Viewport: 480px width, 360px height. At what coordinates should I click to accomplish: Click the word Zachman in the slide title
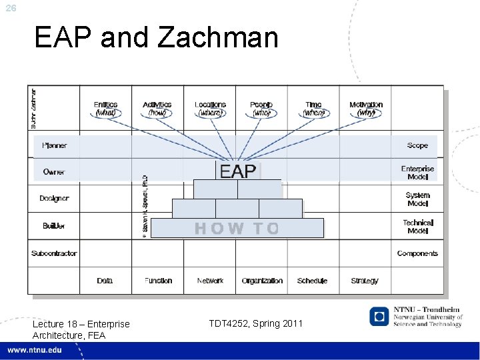tap(218, 37)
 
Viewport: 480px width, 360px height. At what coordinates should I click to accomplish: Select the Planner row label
tap(54, 145)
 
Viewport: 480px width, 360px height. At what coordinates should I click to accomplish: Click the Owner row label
tap(54, 172)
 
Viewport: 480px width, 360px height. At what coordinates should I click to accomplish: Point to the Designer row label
tap(54, 199)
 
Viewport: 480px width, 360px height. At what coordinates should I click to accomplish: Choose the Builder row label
tap(54, 226)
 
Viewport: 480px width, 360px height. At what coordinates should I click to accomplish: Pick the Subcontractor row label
tap(54, 253)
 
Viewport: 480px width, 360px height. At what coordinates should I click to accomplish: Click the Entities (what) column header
tap(105, 109)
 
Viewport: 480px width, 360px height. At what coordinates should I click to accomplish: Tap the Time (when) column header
tap(313, 109)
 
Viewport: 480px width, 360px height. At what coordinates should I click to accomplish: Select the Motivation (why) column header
tap(366, 109)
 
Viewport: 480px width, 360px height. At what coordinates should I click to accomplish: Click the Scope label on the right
tap(417, 145)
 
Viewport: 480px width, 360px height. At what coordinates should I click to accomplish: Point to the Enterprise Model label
tap(417, 173)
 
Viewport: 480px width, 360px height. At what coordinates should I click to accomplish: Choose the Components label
tap(417, 253)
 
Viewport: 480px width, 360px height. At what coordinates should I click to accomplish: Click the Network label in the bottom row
tap(210, 281)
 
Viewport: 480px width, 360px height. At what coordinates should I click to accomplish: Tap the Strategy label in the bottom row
tap(365, 281)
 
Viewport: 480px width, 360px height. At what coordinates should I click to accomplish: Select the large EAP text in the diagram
tap(238, 171)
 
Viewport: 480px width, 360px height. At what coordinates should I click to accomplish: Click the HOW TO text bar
tap(237, 228)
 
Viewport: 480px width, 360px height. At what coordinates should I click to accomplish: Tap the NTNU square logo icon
tap(379, 317)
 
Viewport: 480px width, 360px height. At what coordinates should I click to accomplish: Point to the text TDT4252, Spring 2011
tap(255, 323)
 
